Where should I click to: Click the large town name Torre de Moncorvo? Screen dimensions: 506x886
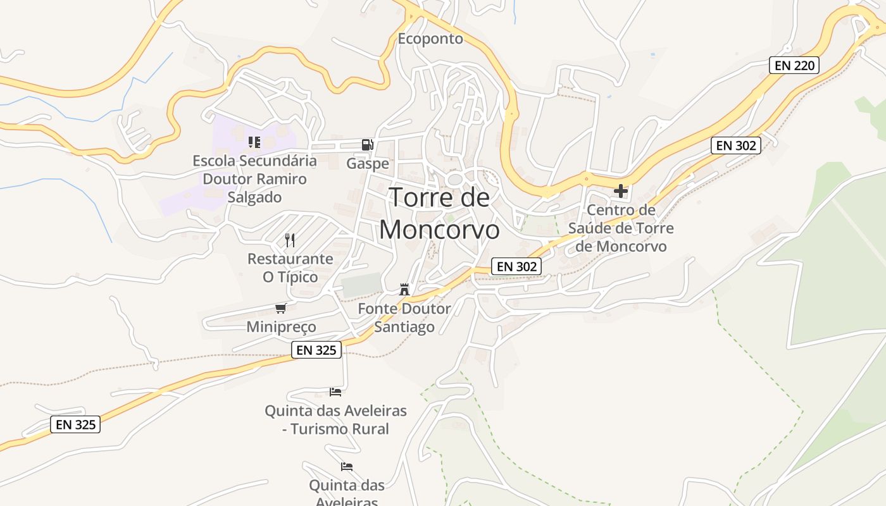click(x=439, y=214)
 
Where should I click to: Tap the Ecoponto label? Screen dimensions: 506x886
click(x=430, y=39)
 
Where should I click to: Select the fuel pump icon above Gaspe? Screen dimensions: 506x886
click(x=367, y=145)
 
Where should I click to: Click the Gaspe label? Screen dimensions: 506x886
click(x=368, y=164)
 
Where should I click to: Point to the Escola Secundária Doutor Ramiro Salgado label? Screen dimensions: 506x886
click(x=255, y=179)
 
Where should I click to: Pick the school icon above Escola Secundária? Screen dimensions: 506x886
click(x=254, y=142)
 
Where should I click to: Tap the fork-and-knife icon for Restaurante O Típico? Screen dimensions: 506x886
click(x=290, y=240)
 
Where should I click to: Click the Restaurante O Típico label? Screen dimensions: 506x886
click(x=290, y=268)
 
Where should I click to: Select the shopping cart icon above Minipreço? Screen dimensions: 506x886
click(x=281, y=308)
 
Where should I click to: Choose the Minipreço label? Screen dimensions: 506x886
click(x=281, y=327)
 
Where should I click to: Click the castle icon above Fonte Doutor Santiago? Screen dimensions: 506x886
click(x=404, y=290)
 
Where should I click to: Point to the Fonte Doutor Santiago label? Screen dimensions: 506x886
click(x=404, y=318)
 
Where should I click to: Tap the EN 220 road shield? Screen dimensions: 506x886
click(x=794, y=65)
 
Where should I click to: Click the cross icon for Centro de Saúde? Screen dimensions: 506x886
click(x=621, y=190)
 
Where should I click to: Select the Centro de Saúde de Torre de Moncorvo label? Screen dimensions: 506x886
click(x=621, y=228)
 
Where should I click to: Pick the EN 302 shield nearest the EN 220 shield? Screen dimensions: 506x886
click(x=735, y=145)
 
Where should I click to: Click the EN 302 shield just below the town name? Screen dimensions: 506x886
click(x=517, y=267)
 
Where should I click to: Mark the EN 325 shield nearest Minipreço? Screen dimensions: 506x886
click(x=316, y=350)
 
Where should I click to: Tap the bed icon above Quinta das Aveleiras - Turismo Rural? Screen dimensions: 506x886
click(x=335, y=392)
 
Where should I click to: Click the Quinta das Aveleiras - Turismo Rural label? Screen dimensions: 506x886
click(x=335, y=420)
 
